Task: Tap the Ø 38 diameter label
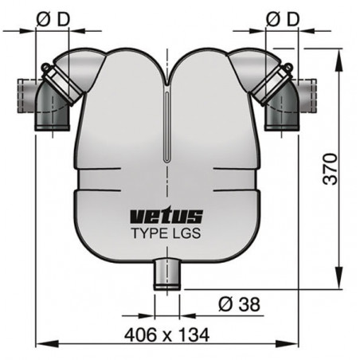coord(237,303)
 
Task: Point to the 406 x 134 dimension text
coord(170,335)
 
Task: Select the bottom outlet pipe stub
coord(167,272)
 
